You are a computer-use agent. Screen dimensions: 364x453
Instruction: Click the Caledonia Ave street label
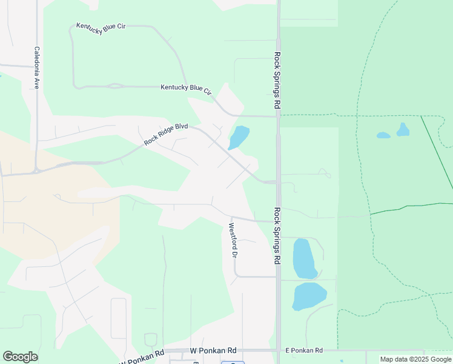pos(37,68)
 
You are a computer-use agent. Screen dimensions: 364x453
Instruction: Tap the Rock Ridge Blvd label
pos(166,134)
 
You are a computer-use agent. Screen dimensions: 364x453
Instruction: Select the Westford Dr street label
pos(232,240)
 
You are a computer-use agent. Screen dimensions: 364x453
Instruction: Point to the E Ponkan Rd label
pos(304,351)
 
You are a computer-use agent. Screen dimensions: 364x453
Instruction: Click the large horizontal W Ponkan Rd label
pos(213,351)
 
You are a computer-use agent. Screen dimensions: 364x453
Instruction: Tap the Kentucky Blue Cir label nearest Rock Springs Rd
pos(186,89)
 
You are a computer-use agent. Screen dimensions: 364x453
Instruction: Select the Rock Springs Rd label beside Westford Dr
pos(277,236)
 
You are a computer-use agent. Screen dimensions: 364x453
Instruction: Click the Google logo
pos(20,357)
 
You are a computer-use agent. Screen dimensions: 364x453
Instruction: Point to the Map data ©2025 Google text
pos(415,359)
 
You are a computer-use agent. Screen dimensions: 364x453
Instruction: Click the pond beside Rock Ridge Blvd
pos(239,137)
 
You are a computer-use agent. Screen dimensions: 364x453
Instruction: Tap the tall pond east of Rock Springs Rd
pos(303,258)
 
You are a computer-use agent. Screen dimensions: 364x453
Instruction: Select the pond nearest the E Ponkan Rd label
pos(309,297)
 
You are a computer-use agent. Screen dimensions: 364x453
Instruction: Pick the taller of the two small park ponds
pos(403,129)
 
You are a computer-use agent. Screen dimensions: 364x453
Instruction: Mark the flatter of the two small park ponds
pos(383,135)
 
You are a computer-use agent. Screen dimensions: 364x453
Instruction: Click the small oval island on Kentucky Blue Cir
pos(113,86)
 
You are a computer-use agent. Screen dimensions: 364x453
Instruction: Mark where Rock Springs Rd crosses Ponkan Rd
pos(278,351)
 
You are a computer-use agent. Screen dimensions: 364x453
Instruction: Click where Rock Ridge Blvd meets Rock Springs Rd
pos(277,181)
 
